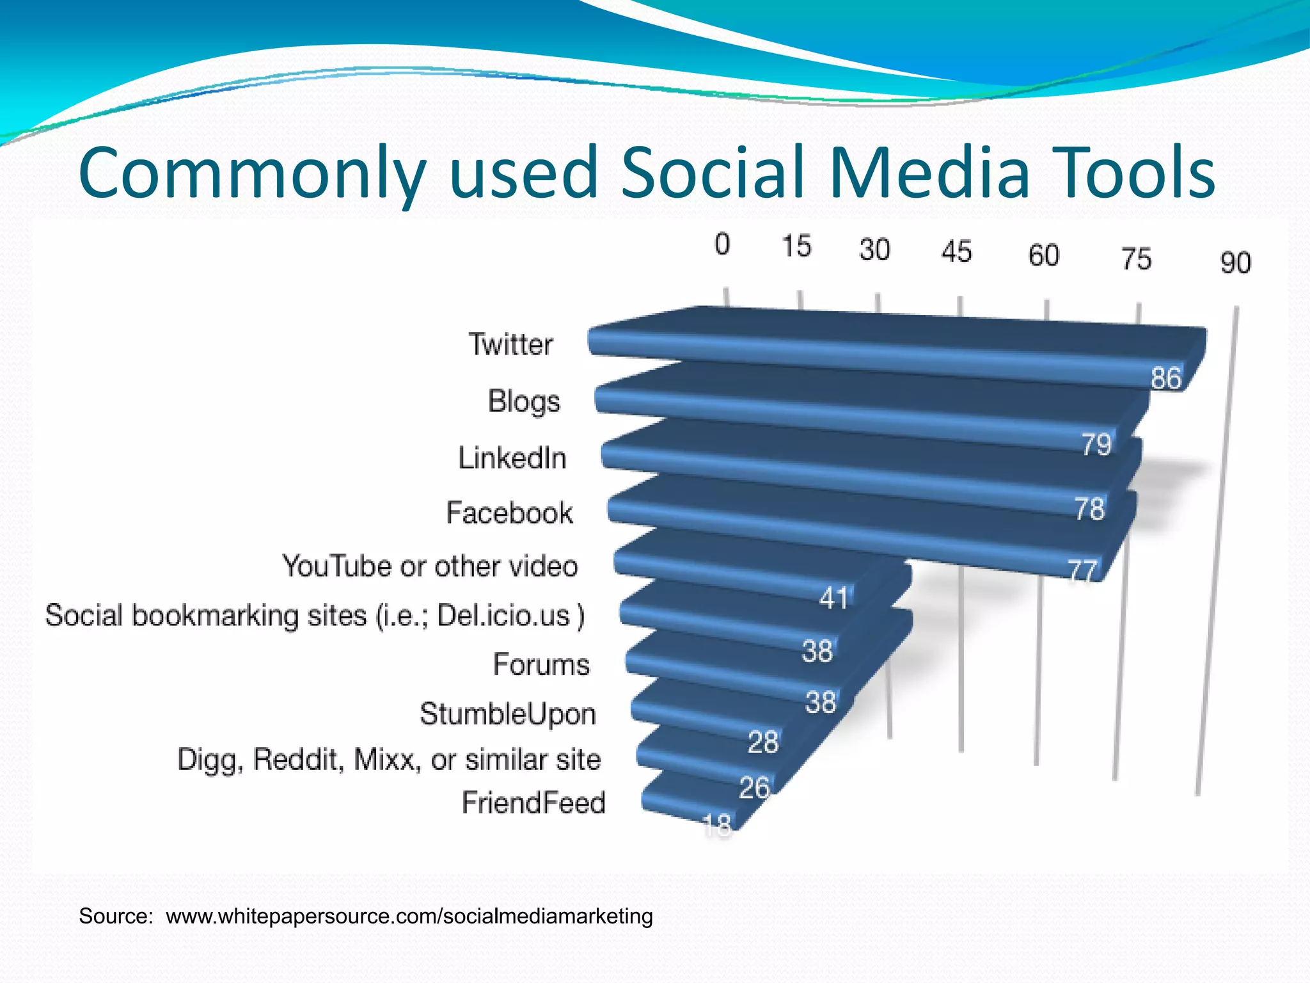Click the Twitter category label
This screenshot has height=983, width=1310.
[x=510, y=344]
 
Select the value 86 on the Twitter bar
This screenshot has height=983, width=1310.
[x=1165, y=378]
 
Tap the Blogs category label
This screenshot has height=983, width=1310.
[x=524, y=402]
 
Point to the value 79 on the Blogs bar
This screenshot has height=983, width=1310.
[x=1096, y=444]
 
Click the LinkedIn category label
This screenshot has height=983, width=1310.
[x=512, y=458]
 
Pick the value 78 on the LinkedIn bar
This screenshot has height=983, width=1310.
[x=1089, y=509]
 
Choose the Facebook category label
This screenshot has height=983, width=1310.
[x=509, y=513]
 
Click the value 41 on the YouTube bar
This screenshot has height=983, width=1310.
[x=833, y=598]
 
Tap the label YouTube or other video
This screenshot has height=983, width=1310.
[x=430, y=566]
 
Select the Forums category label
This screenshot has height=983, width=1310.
[x=541, y=664]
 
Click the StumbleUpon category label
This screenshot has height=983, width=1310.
[x=508, y=714]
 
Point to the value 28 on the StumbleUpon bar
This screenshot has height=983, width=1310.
[x=762, y=742]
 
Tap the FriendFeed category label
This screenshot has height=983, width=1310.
[x=533, y=803]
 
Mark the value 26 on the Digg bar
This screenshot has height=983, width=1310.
[x=754, y=787]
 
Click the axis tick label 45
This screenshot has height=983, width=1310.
[x=956, y=252]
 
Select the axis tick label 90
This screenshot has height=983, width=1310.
[x=1235, y=263]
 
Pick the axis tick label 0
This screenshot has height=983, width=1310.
[x=722, y=244]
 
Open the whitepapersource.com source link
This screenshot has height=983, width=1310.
[x=409, y=916]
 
